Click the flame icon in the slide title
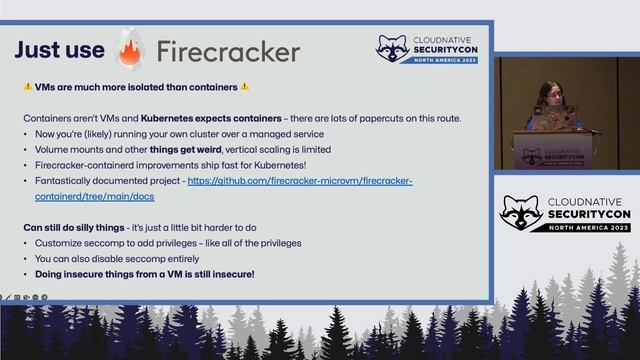point(130,49)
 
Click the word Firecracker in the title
point(228,51)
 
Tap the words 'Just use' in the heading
point(59,50)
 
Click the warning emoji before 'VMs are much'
point(28,87)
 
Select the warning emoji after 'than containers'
point(245,87)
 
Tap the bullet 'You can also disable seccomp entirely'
point(118,258)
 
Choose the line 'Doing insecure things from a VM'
point(145,273)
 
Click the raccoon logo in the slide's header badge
point(392,49)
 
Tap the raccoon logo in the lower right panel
point(521,213)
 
